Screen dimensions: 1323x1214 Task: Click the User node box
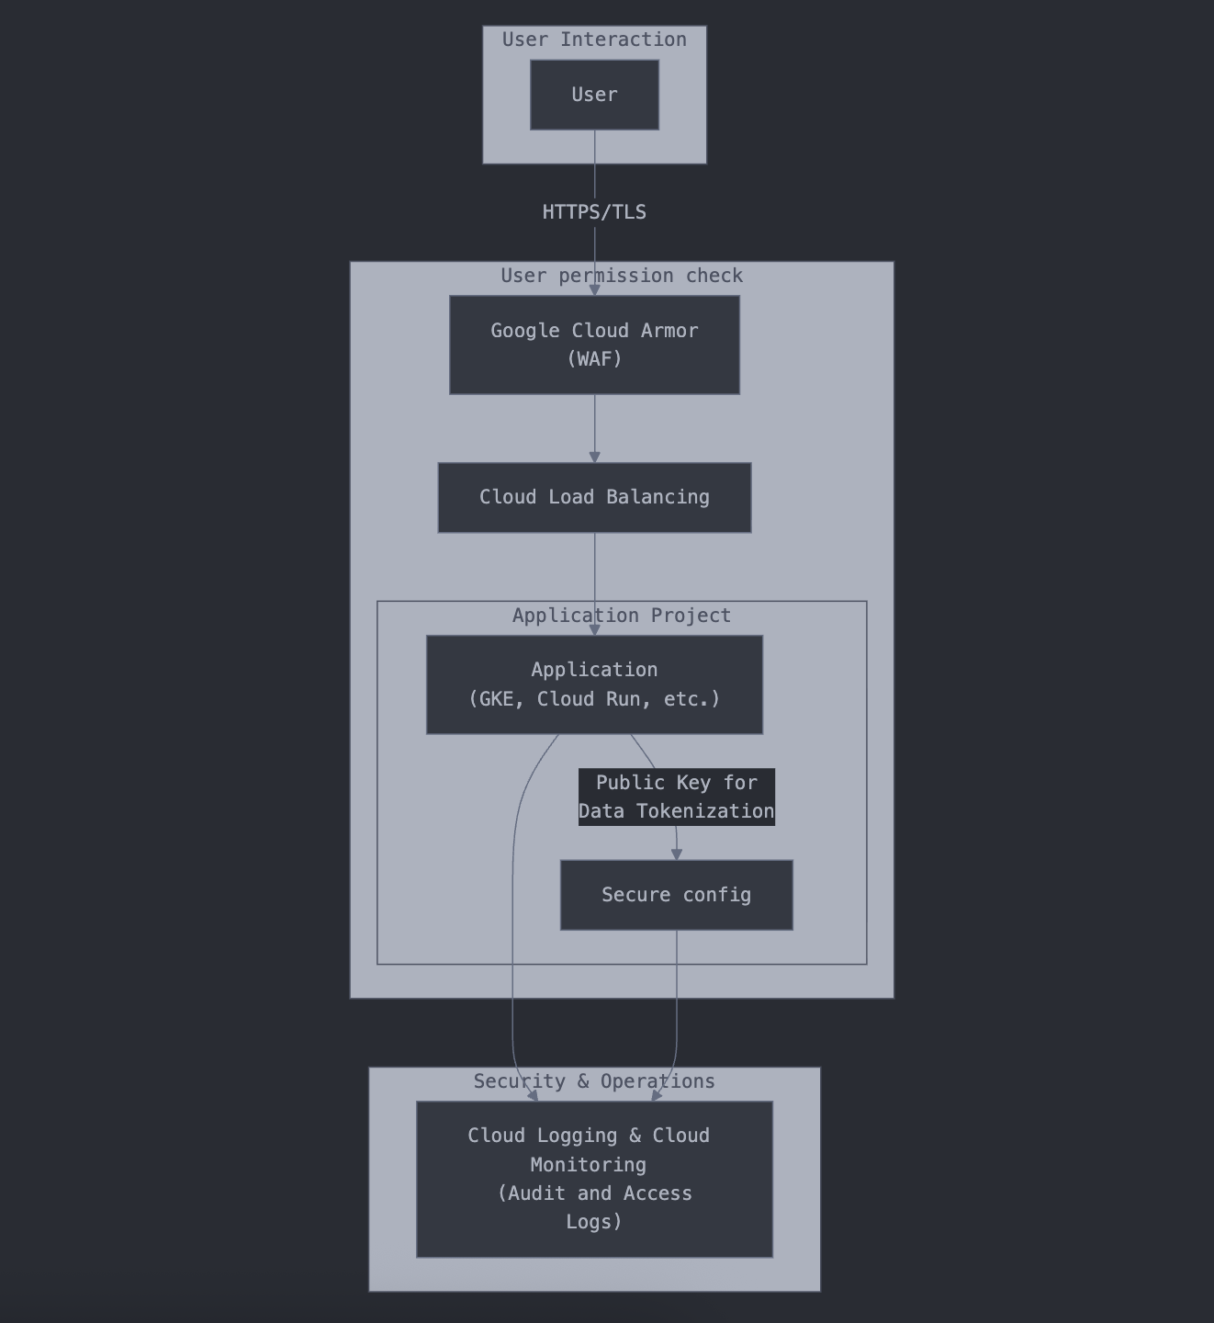pos(594,95)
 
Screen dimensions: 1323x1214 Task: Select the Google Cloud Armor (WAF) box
pos(594,345)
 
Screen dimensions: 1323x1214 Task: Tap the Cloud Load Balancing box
pos(594,497)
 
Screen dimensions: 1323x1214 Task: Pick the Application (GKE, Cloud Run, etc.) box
pos(594,684)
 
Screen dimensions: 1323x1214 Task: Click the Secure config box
pos(676,895)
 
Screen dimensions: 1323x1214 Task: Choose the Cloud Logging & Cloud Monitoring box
pos(594,1179)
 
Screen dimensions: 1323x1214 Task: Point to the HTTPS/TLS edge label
pos(594,212)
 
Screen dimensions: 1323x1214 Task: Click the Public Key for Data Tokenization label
pos(676,797)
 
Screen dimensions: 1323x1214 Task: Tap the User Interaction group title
pos(594,40)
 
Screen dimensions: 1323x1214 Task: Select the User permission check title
pos(622,276)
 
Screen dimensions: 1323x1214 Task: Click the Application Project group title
pos(622,616)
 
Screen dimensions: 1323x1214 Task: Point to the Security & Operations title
pos(594,1081)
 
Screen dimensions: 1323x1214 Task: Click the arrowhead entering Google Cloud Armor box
pos(594,289)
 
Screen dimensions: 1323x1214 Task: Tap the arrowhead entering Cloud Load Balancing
pos(594,457)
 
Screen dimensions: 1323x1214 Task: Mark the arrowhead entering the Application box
pos(594,629)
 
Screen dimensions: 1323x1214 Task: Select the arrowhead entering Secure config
pos(677,854)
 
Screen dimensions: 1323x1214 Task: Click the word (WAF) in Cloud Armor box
pos(594,359)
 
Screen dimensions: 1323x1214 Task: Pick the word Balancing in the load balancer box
pos(658,497)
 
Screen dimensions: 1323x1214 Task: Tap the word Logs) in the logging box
pos(594,1222)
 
